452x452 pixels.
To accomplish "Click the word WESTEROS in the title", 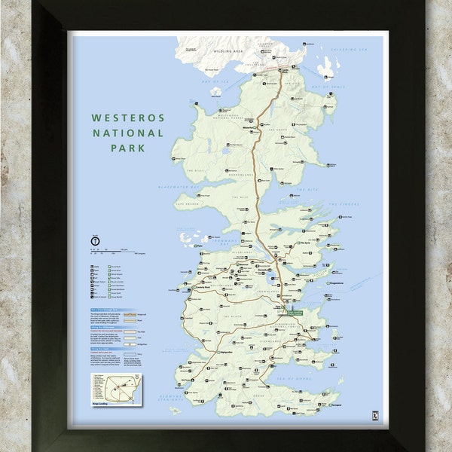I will point(127,118).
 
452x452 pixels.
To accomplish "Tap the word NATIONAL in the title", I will point(127,133).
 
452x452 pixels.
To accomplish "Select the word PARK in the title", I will point(127,148).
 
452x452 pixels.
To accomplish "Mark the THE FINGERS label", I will point(346,204).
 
